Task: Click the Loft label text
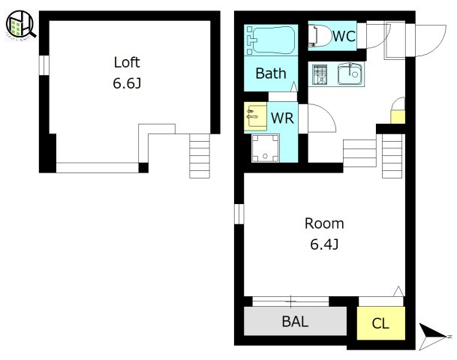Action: tap(127, 62)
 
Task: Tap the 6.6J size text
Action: tap(127, 83)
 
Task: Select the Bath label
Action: tap(271, 73)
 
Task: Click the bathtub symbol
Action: tap(271, 40)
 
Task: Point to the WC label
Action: tap(344, 36)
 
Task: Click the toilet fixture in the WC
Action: tap(320, 36)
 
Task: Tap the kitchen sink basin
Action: tap(350, 74)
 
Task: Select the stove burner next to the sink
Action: tap(320, 74)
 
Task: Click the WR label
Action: tap(282, 118)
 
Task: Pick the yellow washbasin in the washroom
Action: tap(256, 117)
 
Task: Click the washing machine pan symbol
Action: tap(265, 148)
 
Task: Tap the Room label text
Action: tap(324, 223)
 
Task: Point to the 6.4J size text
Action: tap(324, 244)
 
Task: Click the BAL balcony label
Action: tap(295, 322)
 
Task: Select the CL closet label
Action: tap(380, 323)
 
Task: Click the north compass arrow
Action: tap(433, 336)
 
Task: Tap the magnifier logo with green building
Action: tap(20, 25)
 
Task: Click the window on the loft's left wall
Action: tap(44, 65)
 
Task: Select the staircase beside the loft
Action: tap(200, 156)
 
